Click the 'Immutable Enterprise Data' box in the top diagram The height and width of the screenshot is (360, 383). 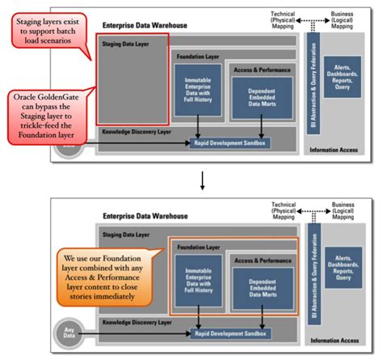198,90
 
